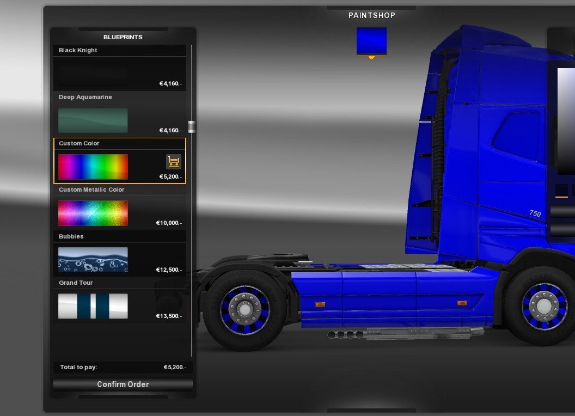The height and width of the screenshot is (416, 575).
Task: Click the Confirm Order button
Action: coord(123,384)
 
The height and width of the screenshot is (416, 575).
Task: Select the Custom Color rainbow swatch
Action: coord(93,167)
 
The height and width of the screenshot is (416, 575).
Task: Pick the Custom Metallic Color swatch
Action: coord(93,213)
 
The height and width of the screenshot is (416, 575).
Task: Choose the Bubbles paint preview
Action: coord(93,260)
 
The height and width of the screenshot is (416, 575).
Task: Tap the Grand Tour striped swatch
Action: coord(93,306)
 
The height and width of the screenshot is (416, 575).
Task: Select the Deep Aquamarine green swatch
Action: coord(93,120)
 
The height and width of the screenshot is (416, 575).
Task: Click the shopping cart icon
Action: coord(174,161)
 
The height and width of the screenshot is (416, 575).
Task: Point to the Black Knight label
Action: coord(78,50)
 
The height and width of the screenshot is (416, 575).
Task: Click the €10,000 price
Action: coord(169,223)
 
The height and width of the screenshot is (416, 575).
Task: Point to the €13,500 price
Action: coord(169,316)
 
